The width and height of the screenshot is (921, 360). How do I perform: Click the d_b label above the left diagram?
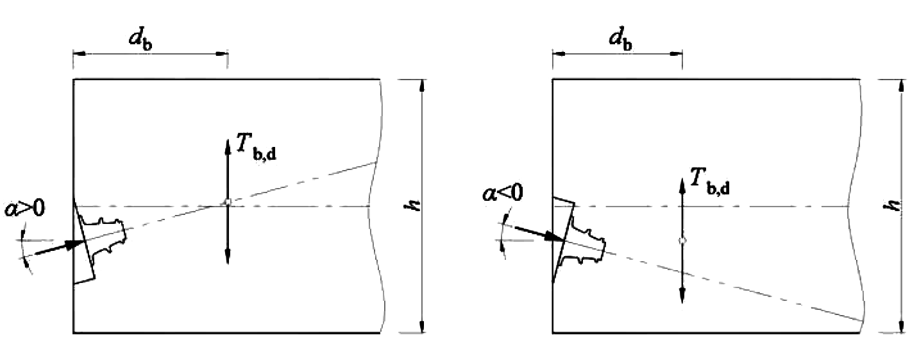140,40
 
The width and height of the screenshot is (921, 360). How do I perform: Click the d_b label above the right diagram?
620,40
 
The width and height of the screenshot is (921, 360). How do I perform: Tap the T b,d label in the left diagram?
256,147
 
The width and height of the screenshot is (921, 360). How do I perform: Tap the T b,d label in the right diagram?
710,182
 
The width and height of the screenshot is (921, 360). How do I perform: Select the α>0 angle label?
24,208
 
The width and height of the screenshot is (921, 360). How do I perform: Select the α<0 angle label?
503,193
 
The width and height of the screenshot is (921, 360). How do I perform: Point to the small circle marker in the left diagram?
228,201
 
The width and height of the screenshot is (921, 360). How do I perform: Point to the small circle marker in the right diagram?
682,241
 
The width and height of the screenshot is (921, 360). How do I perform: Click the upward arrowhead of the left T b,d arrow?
228,146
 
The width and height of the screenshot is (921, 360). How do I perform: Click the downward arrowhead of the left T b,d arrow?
228,257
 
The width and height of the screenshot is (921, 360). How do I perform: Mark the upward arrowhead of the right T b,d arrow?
682,185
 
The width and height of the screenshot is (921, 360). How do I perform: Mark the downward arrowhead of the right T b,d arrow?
682,295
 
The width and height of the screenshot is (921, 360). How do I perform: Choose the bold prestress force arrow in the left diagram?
60,247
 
